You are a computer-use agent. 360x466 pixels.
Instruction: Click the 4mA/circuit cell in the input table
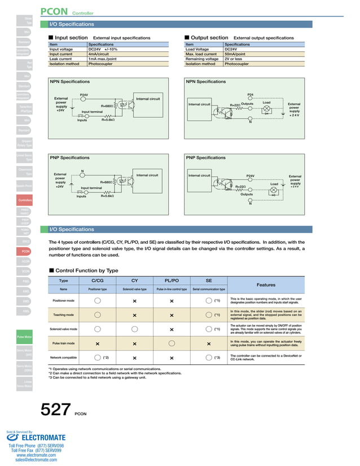click(x=102, y=54)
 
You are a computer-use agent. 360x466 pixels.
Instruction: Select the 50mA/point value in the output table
click(x=237, y=54)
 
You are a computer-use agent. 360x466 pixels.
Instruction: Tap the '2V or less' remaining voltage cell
click(x=235, y=59)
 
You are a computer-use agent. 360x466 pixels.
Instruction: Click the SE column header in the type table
click(x=209, y=280)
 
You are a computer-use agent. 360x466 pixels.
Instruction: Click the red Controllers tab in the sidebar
click(x=25, y=200)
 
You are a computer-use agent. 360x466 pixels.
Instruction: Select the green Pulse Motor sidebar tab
click(x=25, y=337)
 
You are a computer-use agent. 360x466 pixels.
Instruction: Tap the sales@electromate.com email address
click(x=36, y=460)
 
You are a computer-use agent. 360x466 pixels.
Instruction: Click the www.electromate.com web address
click(x=36, y=455)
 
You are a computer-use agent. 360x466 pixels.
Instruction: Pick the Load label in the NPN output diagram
click(x=266, y=103)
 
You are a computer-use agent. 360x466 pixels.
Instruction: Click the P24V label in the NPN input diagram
click(x=84, y=94)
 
